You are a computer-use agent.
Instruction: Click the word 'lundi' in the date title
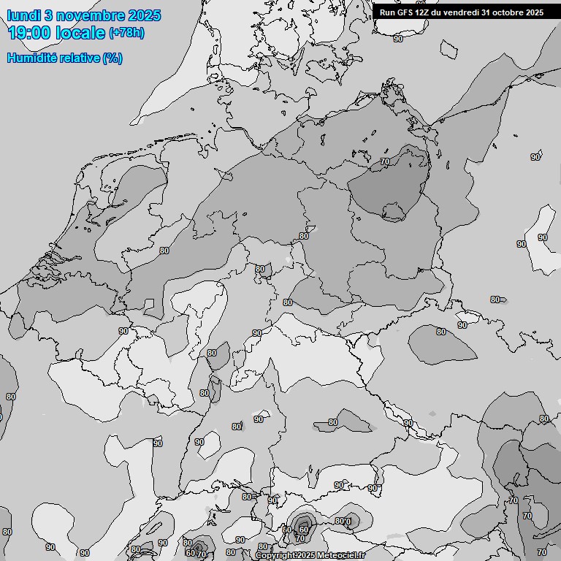[x=23, y=15]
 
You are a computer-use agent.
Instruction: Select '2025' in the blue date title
[x=145, y=15]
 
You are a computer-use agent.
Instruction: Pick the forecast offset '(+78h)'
[x=126, y=34]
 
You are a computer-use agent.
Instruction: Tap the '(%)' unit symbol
[x=112, y=58]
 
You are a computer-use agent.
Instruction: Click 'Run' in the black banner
[x=388, y=12]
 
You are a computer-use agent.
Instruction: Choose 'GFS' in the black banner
[x=405, y=12]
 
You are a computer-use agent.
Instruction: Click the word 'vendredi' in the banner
[x=463, y=12]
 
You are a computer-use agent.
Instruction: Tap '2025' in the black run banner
[x=535, y=12]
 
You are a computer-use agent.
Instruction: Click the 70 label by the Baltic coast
[x=386, y=161]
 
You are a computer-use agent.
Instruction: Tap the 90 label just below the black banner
[x=398, y=39]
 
